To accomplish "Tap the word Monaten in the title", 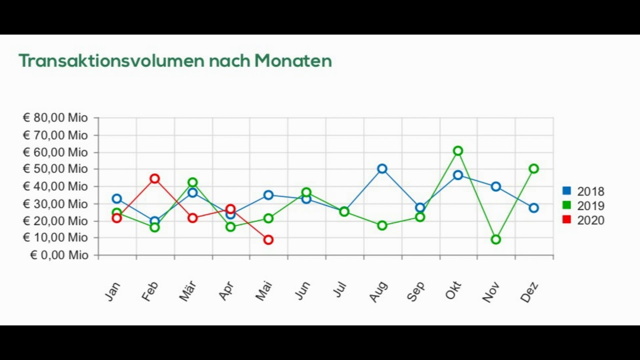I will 293,61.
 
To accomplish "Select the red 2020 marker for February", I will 154,178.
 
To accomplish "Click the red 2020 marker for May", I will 268,240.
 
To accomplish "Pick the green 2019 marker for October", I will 458,150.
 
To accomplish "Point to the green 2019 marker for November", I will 496,239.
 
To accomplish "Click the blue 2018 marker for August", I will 382,169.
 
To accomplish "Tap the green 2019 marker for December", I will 534,169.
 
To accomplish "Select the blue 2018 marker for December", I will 534,208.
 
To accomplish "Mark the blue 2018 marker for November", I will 496,186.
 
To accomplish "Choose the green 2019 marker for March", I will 192,182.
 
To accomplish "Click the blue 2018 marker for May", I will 268,195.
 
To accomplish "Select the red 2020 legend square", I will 566,219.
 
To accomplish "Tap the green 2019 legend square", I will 566,205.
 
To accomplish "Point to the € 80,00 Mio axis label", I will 55,118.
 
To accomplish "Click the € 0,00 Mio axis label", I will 58,255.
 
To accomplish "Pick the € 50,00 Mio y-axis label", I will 55,169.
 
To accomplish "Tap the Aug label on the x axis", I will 378,291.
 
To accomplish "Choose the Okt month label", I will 453,290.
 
